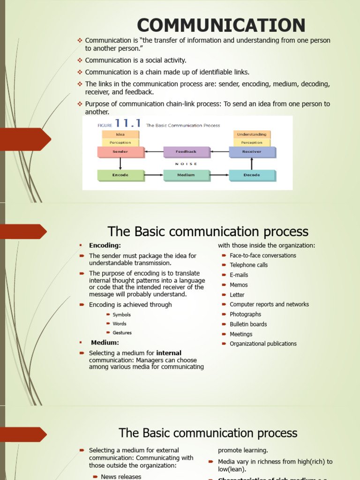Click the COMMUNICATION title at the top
pos(221,25)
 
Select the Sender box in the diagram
pos(120,152)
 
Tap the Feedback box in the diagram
pos(186,152)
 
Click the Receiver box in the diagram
pos(252,152)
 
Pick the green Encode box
pos(120,175)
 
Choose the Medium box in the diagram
pos(186,175)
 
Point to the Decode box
pos(252,175)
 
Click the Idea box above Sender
pos(120,135)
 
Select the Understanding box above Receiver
pos(252,135)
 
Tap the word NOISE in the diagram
pos(186,164)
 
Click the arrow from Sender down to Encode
pos(120,164)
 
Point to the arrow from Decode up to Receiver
pos(252,164)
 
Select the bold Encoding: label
pos(105,245)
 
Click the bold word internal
pos(169,353)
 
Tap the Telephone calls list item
pos(248,265)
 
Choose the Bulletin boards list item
pos(248,324)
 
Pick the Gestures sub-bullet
pos(122,333)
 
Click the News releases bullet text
pos(121,477)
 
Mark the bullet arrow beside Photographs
pos(224,315)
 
